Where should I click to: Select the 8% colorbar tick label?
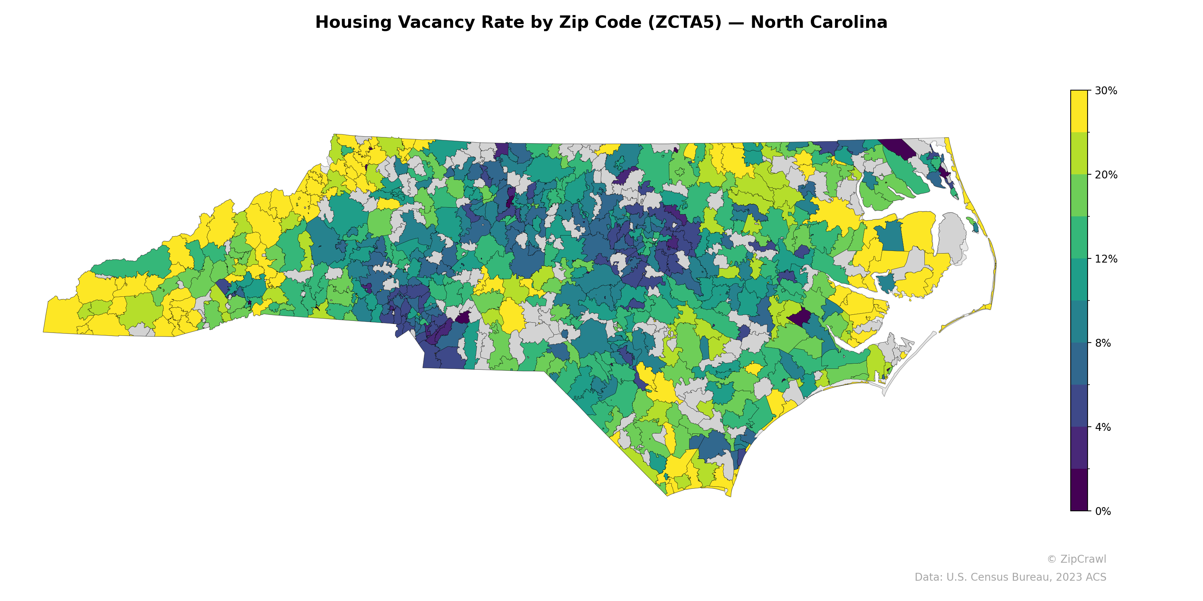(x=1103, y=343)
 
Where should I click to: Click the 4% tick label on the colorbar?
(x=1103, y=427)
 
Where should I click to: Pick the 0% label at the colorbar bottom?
(x=1103, y=511)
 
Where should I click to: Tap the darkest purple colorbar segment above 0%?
(x=1079, y=489)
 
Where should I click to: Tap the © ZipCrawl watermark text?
(x=1076, y=559)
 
